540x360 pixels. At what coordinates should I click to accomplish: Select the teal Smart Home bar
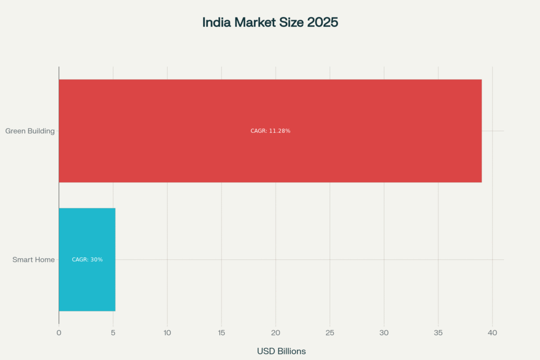pyautogui.click(x=87, y=285)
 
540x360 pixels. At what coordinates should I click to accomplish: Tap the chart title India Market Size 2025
pyautogui.click(x=270, y=23)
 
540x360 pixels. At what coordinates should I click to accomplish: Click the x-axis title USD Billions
pyautogui.click(x=281, y=351)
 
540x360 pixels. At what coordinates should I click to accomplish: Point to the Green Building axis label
pyautogui.click(x=30, y=131)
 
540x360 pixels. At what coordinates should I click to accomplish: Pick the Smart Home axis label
pyautogui.click(x=34, y=259)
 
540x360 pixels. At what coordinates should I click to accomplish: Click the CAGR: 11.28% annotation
pyautogui.click(x=271, y=131)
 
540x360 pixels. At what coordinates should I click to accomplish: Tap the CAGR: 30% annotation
pyautogui.click(x=87, y=259)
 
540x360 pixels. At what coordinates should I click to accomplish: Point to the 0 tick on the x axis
pyautogui.click(x=59, y=333)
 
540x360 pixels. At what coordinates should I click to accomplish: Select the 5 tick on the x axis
pyautogui.click(x=113, y=333)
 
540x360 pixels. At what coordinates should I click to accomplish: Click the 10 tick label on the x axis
pyautogui.click(x=167, y=333)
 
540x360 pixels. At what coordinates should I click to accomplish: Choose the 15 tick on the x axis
pyautogui.click(x=221, y=333)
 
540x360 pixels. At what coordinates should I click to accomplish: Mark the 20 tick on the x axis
pyautogui.click(x=276, y=333)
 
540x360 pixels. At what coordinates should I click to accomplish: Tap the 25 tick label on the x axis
pyautogui.click(x=330, y=333)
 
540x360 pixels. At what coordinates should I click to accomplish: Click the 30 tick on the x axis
pyautogui.click(x=384, y=333)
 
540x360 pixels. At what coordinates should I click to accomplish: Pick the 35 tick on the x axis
pyautogui.click(x=438, y=333)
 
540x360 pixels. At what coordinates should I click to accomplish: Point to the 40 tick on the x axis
pyautogui.click(x=493, y=333)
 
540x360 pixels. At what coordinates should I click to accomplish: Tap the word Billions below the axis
pyautogui.click(x=292, y=351)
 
